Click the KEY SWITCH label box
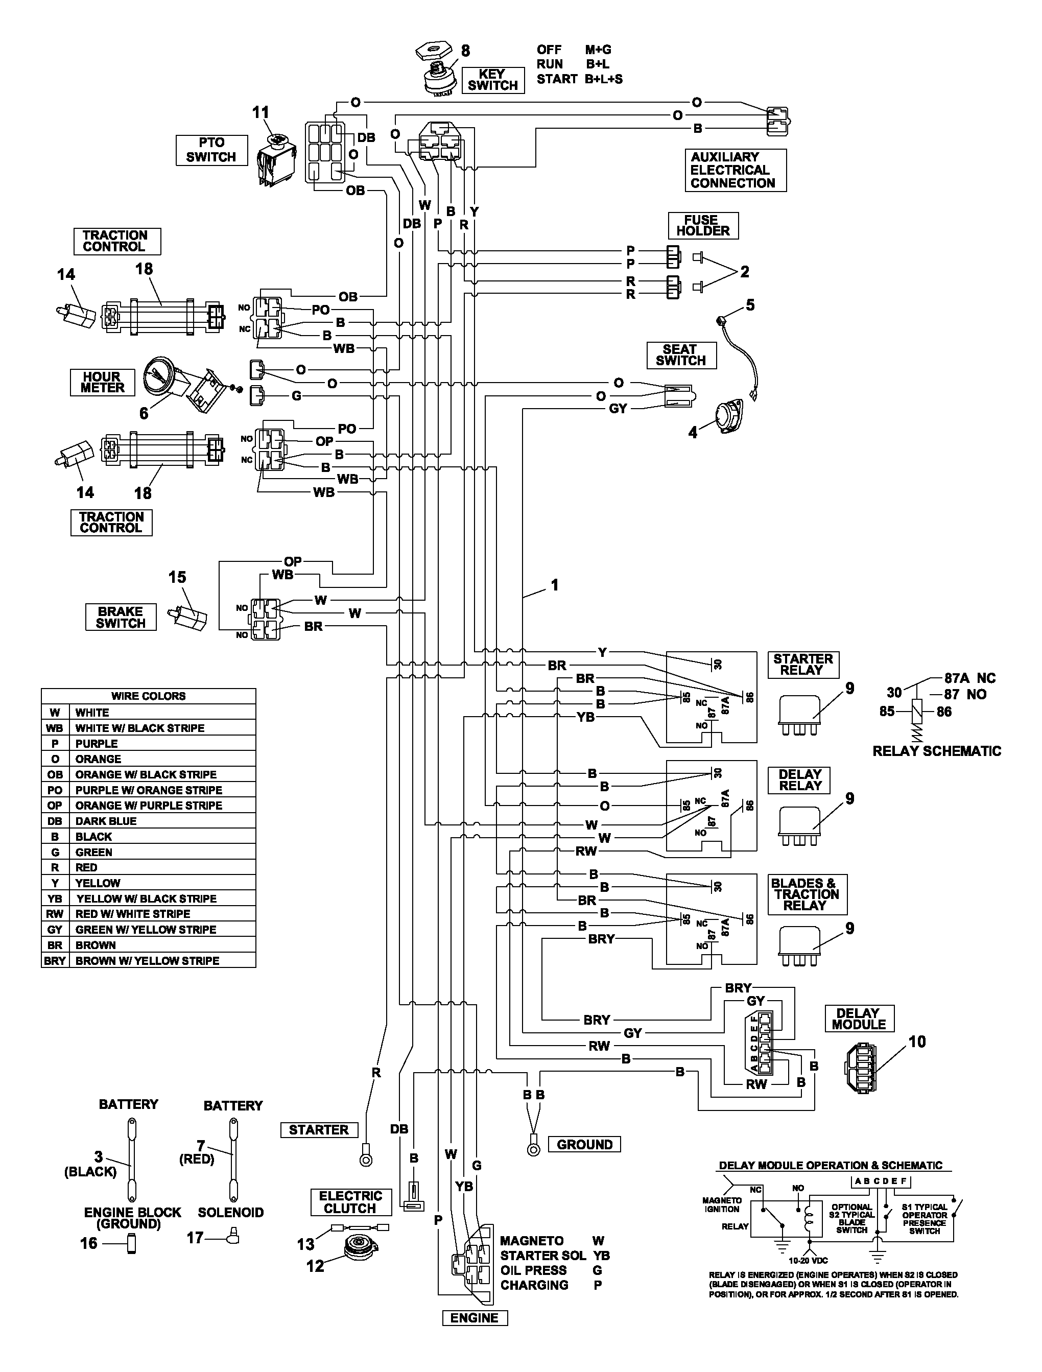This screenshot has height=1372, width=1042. (492, 80)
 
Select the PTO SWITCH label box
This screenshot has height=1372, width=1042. (211, 150)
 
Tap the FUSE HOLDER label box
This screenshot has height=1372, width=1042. (703, 226)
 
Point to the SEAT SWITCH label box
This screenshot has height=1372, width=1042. (681, 356)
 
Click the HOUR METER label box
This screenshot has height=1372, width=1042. (102, 382)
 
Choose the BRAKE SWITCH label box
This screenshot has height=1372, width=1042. (121, 617)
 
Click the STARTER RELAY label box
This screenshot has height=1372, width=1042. (803, 665)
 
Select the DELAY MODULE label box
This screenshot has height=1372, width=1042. (859, 1019)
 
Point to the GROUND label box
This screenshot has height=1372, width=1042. (584, 1144)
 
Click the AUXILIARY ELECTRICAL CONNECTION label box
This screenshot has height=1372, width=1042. (736, 170)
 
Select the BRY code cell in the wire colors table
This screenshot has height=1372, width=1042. (55, 961)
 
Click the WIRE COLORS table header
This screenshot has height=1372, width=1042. (149, 696)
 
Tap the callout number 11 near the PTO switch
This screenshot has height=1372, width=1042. (260, 112)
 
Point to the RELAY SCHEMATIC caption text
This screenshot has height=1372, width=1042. (937, 751)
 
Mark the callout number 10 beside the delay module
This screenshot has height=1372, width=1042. (917, 1042)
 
